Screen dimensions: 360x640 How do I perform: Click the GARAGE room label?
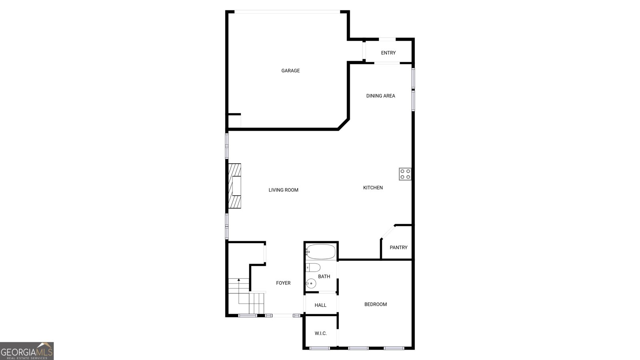pyautogui.click(x=290, y=71)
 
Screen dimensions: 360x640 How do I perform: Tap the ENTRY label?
pyautogui.click(x=388, y=53)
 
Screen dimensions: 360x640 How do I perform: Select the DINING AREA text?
pyautogui.click(x=380, y=96)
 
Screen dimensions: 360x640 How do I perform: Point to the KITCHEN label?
pyautogui.click(x=373, y=188)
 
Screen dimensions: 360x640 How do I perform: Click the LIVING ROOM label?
pyautogui.click(x=283, y=190)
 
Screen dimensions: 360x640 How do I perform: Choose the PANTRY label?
pyautogui.click(x=398, y=248)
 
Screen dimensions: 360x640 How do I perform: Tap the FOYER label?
pyautogui.click(x=283, y=283)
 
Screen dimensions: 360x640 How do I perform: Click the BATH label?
pyautogui.click(x=324, y=276)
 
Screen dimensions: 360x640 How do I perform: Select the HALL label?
pyautogui.click(x=320, y=305)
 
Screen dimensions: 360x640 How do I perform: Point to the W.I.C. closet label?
pyautogui.click(x=320, y=333)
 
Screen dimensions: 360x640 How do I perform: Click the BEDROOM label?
pyautogui.click(x=375, y=304)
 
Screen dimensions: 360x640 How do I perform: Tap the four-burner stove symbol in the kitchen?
pyautogui.click(x=405, y=174)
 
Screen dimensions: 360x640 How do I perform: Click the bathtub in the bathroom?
pyautogui.click(x=321, y=252)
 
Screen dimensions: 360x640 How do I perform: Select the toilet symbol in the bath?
pyautogui.click(x=313, y=267)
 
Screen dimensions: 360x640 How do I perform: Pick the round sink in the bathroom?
pyautogui.click(x=311, y=284)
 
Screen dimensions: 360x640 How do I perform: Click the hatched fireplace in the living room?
pyautogui.click(x=235, y=186)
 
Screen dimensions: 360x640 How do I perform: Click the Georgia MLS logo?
pyautogui.click(x=27, y=351)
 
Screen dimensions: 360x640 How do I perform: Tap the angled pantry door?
pyautogui.click(x=388, y=232)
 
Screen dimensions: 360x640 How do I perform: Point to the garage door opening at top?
pyautogui.click(x=287, y=12)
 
